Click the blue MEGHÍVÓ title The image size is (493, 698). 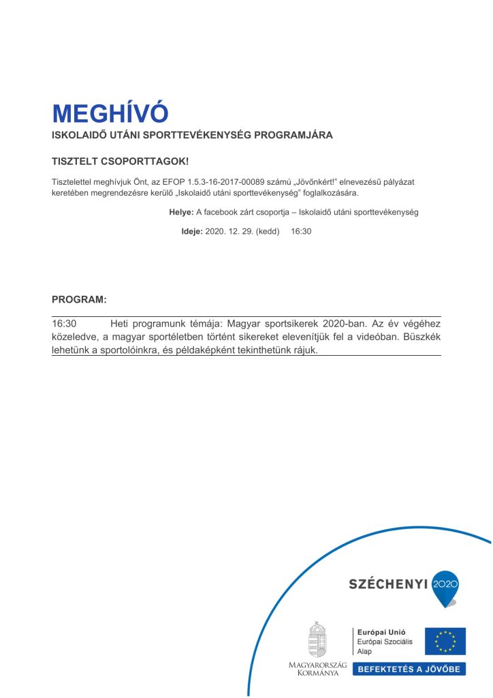point(110,113)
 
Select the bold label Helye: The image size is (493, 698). point(181,212)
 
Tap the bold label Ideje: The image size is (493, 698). point(192,231)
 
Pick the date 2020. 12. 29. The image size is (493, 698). point(229,231)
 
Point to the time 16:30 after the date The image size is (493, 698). point(301,231)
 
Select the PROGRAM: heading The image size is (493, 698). point(79,300)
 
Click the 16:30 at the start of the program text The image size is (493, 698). point(64,324)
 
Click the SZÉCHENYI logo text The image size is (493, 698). point(388,583)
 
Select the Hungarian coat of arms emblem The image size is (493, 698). point(317,639)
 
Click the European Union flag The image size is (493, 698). point(445,641)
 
